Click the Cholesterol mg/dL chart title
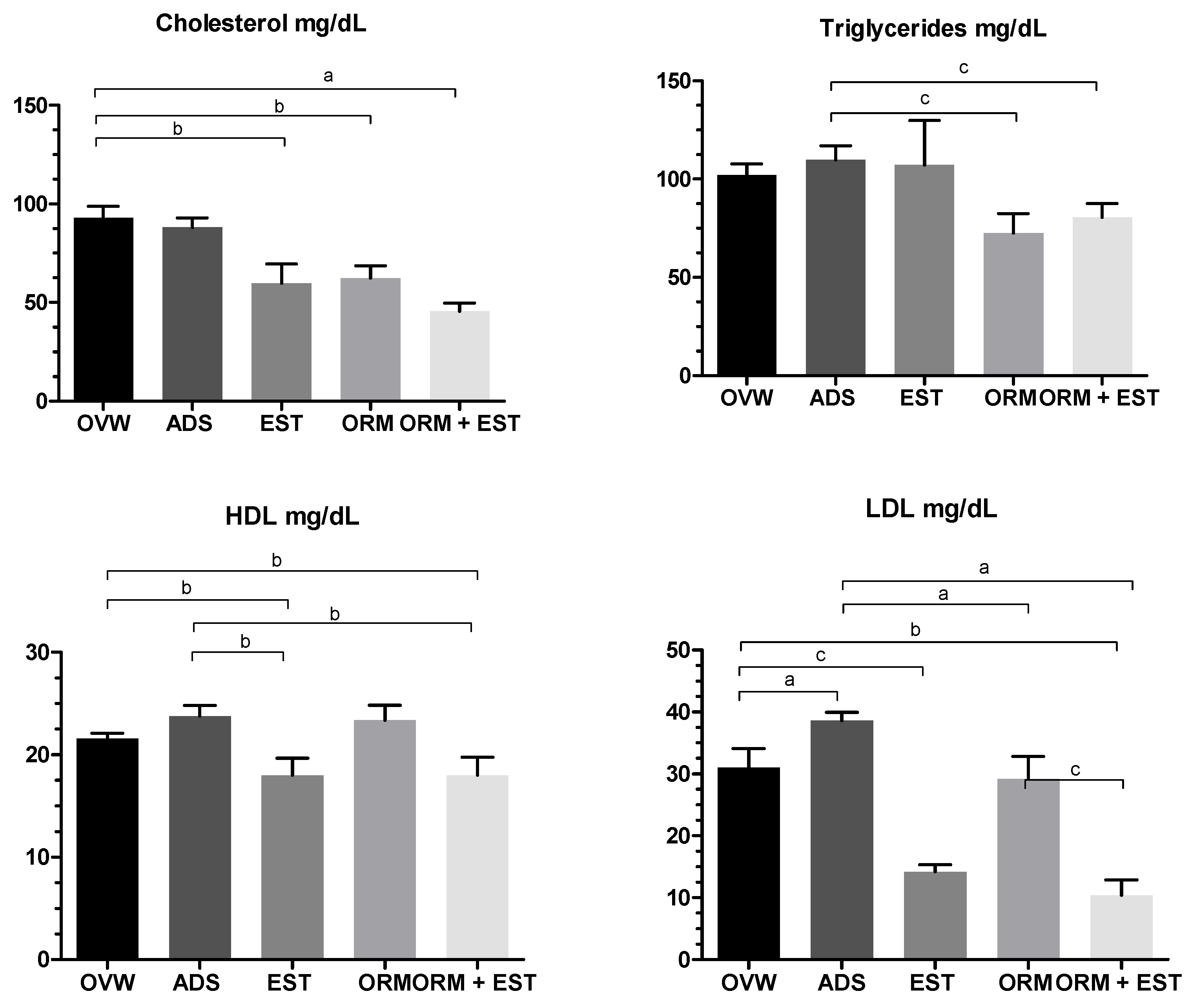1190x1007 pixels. pyautogui.click(x=261, y=24)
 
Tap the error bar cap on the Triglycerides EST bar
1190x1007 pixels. pyautogui.click(x=924, y=120)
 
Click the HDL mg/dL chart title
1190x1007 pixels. pyautogui.click(x=292, y=516)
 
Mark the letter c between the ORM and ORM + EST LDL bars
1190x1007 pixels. pyautogui.click(x=1075, y=771)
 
